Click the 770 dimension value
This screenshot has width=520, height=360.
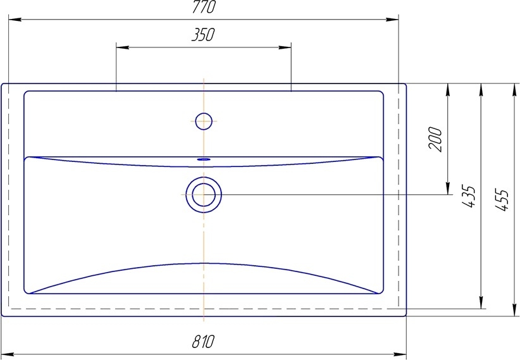click(x=204, y=7)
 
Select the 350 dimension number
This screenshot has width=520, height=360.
click(x=203, y=35)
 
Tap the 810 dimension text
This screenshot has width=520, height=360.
click(x=203, y=342)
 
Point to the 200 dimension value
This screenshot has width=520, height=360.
click(x=435, y=139)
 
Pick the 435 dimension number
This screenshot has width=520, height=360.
click(x=469, y=197)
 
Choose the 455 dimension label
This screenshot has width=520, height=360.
click(x=502, y=200)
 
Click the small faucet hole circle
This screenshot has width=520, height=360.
click(x=204, y=121)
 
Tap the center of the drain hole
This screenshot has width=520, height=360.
click(x=204, y=194)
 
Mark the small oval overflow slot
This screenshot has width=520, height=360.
click(x=204, y=159)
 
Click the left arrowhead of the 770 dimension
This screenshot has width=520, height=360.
click(x=15, y=20)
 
